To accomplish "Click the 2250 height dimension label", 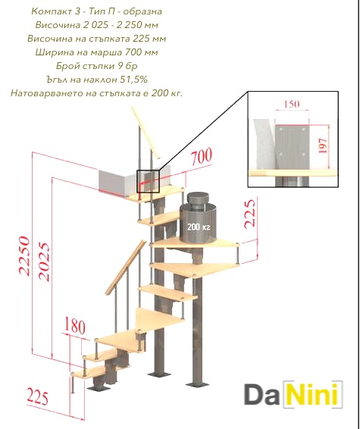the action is [24, 255].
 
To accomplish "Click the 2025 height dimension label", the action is [44, 261].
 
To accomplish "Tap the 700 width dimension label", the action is [202, 157].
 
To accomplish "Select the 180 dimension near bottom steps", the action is [75, 326].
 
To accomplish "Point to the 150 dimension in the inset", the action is [292, 105].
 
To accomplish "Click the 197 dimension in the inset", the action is [323, 146].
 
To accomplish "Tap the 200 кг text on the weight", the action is [199, 227].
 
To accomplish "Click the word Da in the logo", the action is [261, 394].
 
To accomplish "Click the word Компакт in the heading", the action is [49, 11].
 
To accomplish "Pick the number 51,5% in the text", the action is [134, 80].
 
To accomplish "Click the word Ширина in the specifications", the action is [54, 52].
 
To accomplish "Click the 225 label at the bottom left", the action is [37, 397].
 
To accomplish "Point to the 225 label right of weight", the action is [250, 214].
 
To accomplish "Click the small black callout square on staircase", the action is [148, 181].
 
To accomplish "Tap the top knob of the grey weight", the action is [198, 196].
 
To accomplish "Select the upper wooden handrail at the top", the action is [145, 133].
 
